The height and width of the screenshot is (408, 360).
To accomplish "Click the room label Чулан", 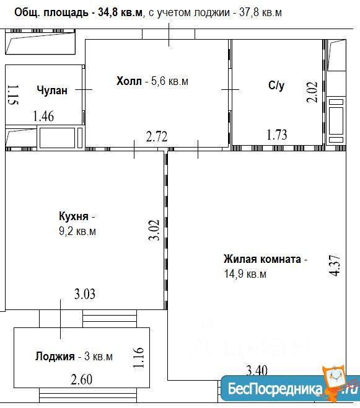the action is pos(52,91).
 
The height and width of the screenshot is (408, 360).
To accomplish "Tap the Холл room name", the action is pos(129,81).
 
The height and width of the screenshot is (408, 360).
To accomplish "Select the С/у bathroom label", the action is pos(276,86).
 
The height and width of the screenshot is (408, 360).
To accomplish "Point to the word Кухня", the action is pos(74,216).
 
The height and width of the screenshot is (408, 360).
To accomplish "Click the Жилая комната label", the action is pos(262,259).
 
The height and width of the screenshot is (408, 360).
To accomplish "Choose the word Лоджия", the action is pos(55,357).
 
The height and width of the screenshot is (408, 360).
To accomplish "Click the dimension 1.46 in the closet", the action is pos(43,116).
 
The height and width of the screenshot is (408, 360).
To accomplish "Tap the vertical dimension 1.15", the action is pos(13,95).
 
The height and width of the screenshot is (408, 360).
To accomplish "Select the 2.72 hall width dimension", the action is pos(157,137).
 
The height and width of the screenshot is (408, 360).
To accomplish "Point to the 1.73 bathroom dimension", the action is pos(277,135).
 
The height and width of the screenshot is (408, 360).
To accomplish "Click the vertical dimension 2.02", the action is pos(312,92).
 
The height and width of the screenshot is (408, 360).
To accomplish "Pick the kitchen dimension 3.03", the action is pos(85,294).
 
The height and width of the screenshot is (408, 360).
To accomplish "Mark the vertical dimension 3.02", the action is pos(154,230).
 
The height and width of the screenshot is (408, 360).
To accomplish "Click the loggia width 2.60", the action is pos(82,379).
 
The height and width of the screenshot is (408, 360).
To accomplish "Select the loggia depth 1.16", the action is pos(138,358).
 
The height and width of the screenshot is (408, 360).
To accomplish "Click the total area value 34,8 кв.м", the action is pos(120,12).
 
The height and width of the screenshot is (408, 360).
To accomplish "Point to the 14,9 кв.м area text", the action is pos(245,274).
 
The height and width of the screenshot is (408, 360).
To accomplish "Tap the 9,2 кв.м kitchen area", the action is pos(77,231).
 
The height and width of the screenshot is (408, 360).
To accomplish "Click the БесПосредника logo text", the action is pos(275,389).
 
